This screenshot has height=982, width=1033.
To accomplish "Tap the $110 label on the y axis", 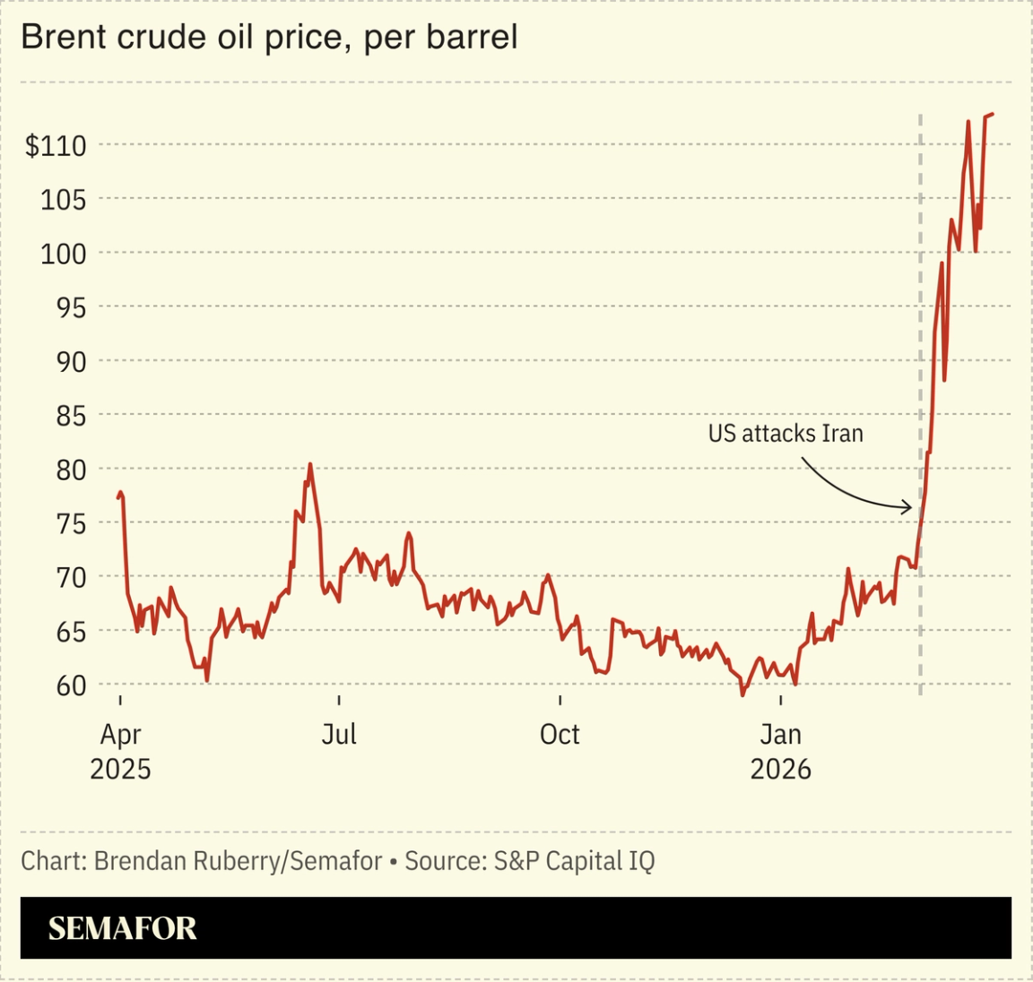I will [x=56, y=145].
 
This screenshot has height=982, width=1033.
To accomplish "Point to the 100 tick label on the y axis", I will [x=63, y=254].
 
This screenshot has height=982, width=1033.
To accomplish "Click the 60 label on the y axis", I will [x=71, y=685].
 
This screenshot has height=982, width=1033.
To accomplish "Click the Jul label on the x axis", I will [x=339, y=735].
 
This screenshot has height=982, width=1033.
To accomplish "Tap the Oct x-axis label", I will [x=560, y=735].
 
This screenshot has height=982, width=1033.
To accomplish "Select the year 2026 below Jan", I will [x=780, y=769].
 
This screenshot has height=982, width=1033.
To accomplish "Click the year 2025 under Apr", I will [x=120, y=769].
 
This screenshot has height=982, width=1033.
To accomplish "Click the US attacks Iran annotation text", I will [x=786, y=434].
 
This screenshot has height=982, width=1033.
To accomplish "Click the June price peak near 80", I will [x=310, y=464].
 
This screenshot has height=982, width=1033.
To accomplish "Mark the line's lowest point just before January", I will [x=742, y=694].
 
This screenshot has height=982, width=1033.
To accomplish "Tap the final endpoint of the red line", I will [x=993, y=115].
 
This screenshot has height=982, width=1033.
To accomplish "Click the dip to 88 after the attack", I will [x=944, y=380].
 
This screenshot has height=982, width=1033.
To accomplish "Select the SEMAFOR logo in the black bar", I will [x=122, y=928].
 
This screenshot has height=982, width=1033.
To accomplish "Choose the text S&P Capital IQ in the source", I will [x=574, y=861].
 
